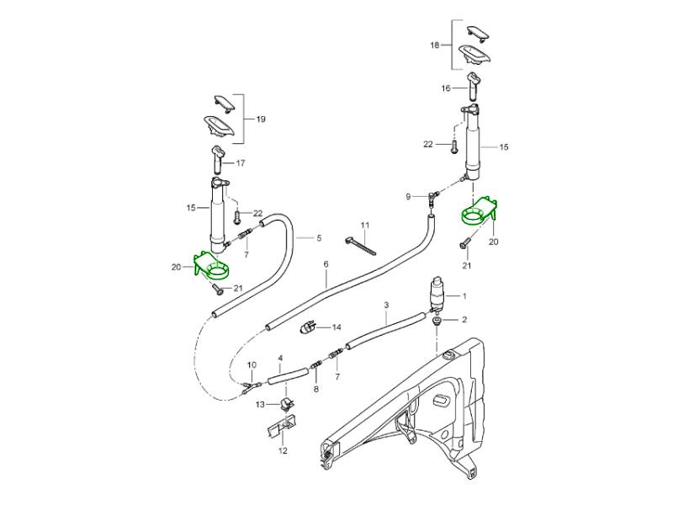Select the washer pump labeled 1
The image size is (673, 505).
[x=437, y=294]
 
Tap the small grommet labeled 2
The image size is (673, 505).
[x=437, y=321]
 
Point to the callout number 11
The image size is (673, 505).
[x=365, y=226]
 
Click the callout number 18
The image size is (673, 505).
[x=435, y=45]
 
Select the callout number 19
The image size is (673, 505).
[x=260, y=120]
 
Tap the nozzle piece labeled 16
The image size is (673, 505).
[x=473, y=84]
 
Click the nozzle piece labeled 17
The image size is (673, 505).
[x=217, y=156]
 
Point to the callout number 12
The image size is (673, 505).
[x=283, y=450]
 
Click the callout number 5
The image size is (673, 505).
[x=319, y=238]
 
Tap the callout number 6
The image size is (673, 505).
[x=326, y=263]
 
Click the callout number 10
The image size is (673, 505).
[x=252, y=364]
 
